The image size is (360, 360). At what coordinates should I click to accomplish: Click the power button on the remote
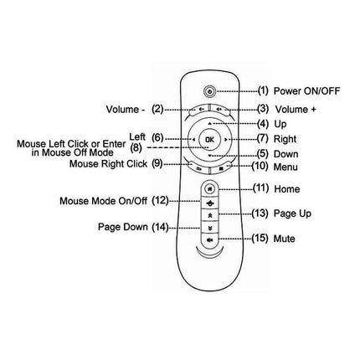pos(208,90)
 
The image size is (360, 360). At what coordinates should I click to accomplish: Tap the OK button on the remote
pos(208,138)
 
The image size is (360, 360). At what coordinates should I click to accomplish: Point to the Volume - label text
pos(127,108)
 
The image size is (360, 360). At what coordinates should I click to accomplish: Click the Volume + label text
pos(297,108)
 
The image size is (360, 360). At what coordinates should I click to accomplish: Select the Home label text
pos(286,188)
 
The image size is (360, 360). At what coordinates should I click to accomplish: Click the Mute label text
pos(285,239)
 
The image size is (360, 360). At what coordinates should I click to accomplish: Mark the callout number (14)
pos(161,226)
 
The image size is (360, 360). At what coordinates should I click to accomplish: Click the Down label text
pos(287,153)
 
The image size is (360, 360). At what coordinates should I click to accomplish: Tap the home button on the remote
pos(208,189)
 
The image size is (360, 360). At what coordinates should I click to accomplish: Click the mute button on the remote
pos(208,239)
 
